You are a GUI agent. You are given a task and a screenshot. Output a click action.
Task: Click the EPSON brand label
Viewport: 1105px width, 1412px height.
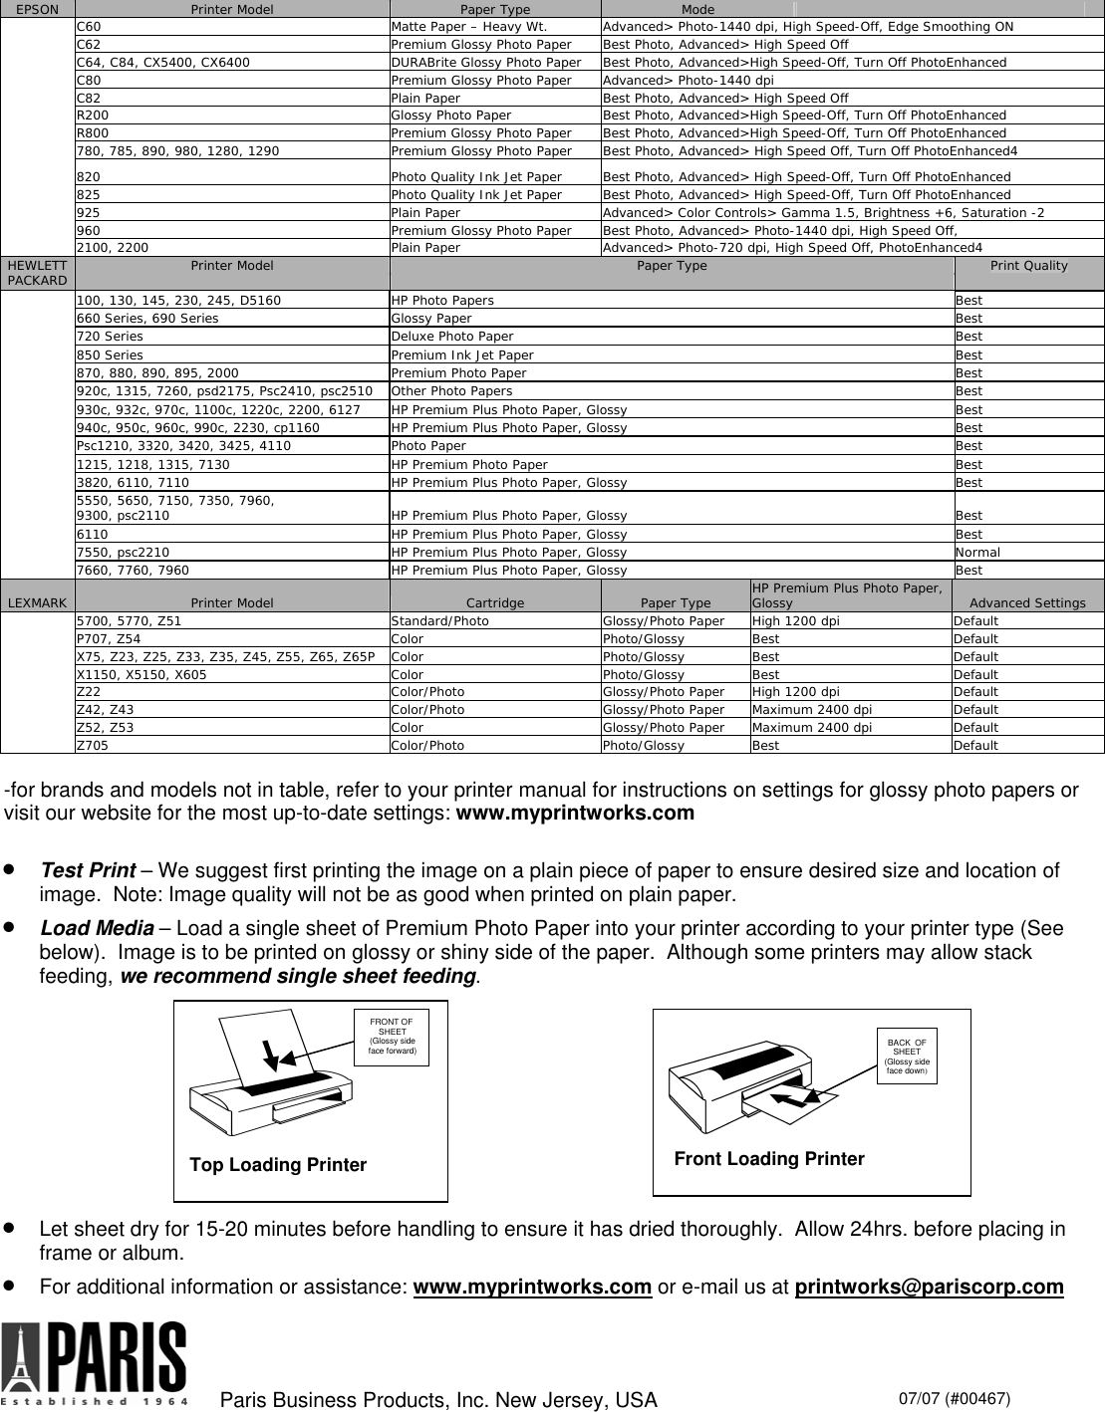(x=37, y=9)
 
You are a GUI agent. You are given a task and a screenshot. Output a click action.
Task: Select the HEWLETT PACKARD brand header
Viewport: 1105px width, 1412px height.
(x=37, y=272)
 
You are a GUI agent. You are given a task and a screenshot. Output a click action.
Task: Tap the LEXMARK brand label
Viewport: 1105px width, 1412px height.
(x=37, y=602)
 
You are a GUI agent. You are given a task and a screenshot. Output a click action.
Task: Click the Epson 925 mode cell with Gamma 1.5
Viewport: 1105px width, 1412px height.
(x=823, y=212)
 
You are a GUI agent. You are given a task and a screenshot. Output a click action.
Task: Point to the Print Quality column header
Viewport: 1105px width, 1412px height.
(x=1028, y=266)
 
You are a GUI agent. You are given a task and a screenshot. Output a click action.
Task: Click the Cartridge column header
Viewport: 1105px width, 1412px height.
(x=495, y=602)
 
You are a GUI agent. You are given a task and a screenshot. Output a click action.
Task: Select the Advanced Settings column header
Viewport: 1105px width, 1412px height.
(x=1027, y=602)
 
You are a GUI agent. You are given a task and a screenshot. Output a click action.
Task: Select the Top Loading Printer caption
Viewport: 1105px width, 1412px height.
(x=278, y=1165)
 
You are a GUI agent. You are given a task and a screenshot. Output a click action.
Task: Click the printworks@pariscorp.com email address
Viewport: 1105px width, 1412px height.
(x=929, y=1288)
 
